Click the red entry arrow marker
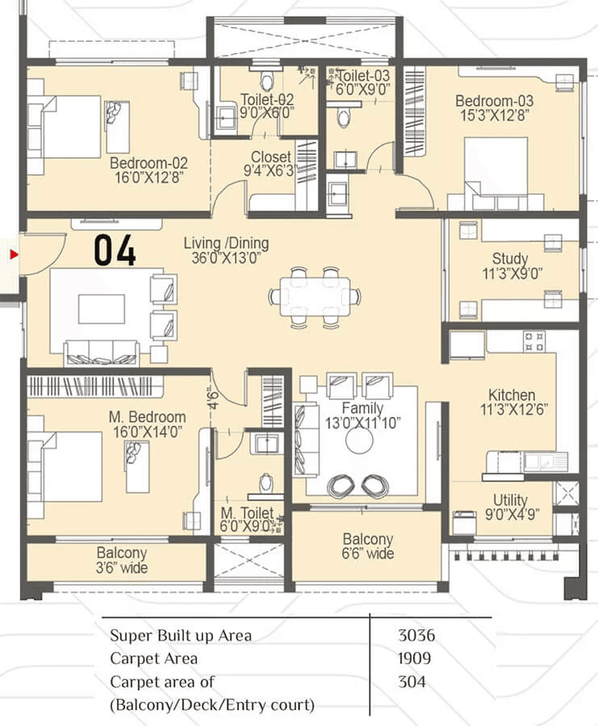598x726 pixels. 13,255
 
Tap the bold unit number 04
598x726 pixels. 115,251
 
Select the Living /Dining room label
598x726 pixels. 226,243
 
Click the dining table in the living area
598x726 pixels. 315,297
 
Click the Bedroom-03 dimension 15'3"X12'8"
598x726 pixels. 494,116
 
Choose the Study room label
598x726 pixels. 511,259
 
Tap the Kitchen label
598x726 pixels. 512,395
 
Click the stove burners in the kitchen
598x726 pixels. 534,341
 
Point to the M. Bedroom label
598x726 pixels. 148,417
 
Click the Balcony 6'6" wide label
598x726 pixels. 368,539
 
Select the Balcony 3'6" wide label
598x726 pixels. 122,553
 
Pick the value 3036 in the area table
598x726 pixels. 415,636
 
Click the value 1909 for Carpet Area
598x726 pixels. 415,659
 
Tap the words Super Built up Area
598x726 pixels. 181,636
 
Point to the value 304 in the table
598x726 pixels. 412,682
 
